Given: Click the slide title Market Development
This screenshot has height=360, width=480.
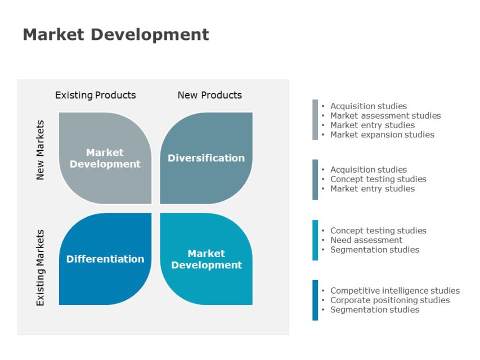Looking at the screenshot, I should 115,35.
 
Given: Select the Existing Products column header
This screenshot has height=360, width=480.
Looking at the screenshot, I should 95,95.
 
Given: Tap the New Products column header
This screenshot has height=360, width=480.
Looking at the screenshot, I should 209,95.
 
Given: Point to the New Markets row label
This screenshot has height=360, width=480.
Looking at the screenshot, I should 40,150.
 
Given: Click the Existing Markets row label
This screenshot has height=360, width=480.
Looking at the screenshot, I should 40,267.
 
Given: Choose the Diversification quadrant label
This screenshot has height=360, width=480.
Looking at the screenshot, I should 206,158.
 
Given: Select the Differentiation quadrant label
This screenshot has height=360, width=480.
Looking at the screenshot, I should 105,259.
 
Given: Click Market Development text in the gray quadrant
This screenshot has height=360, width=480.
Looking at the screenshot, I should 105,158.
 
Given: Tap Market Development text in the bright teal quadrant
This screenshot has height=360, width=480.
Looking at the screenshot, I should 206,259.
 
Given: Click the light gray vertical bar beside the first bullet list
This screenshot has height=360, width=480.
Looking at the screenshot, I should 315,120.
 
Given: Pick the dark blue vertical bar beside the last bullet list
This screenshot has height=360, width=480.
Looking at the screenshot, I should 315,300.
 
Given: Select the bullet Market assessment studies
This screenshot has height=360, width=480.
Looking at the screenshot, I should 385,116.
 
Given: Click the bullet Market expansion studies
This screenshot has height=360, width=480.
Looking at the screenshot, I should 382,135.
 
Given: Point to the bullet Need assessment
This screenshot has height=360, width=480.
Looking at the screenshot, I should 366,240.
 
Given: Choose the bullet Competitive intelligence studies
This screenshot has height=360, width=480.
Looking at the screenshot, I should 394,291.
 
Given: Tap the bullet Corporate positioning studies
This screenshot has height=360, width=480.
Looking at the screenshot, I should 389,300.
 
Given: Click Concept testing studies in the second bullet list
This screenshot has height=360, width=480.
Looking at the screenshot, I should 378,179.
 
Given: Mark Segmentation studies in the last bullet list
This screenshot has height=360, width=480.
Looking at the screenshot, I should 374,310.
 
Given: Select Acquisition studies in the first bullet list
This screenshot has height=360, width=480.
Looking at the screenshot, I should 368,106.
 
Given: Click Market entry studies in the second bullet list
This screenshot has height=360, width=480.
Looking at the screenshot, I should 372,189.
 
